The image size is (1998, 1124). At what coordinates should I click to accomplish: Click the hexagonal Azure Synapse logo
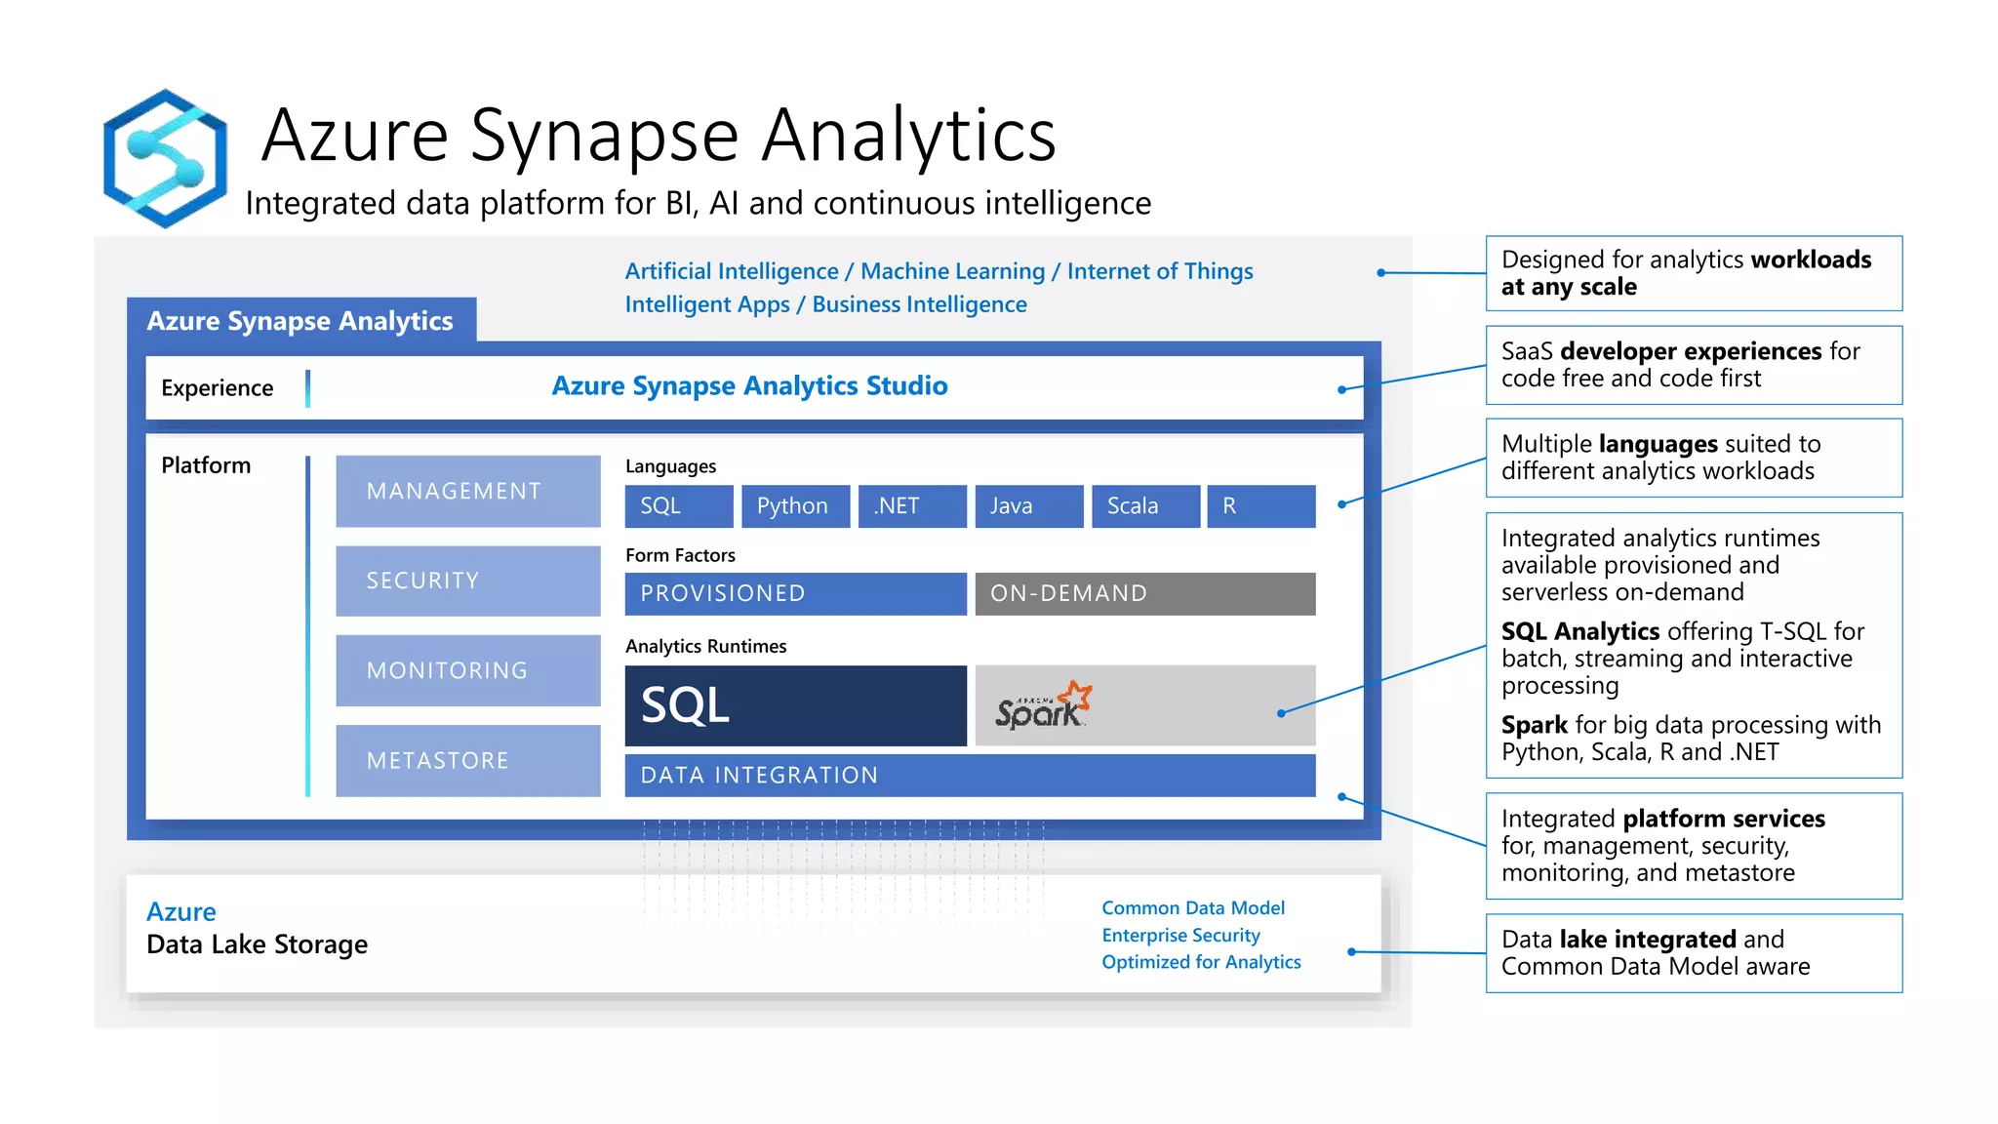(x=165, y=158)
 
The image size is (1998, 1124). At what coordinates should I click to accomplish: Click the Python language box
(x=794, y=506)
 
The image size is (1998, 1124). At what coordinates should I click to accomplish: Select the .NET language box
(x=911, y=506)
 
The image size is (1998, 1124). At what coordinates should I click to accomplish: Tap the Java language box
(x=1028, y=506)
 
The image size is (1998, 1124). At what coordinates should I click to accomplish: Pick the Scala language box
(x=1145, y=506)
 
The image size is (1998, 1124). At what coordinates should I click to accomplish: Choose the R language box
(x=1260, y=506)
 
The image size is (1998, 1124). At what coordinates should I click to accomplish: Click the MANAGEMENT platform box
(x=468, y=491)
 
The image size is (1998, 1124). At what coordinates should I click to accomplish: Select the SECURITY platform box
(x=468, y=581)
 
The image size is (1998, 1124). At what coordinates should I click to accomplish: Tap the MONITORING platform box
(x=468, y=670)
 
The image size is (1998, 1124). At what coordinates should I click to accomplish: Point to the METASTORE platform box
(x=468, y=760)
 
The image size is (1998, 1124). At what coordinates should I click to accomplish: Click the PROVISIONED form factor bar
(x=795, y=593)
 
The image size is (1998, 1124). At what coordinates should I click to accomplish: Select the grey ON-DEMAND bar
(x=1144, y=593)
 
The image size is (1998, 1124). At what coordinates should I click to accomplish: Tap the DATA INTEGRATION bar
(x=970, y=775)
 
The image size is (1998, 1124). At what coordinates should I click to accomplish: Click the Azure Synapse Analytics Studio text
(x=749, y=386)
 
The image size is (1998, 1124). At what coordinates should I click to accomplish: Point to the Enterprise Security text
(x=1180, y=935)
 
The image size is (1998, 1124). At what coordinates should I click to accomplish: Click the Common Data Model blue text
(x=1192, y=907)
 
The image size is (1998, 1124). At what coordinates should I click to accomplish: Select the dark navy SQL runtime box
(x=795, y=705)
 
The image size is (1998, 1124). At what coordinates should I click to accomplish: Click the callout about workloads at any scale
(x=1693, y=273)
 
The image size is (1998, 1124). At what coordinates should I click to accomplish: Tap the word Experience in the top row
(x=217, y=388)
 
